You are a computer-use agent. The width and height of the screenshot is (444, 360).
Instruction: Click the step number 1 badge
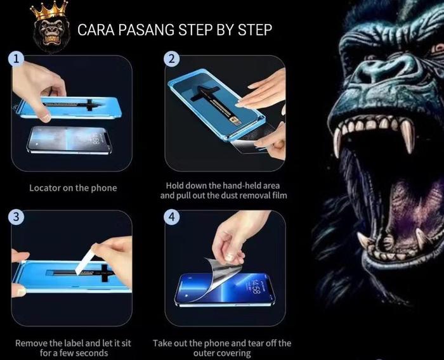point(16,59)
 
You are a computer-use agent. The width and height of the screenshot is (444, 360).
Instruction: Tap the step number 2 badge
point(171,59)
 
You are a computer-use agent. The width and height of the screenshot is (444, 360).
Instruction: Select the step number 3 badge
point(16,217)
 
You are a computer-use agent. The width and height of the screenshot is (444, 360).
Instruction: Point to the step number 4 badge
point(171,217)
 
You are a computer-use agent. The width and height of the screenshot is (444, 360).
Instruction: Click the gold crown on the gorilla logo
point(49,11)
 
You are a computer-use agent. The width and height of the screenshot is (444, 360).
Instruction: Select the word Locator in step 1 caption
point(45,188)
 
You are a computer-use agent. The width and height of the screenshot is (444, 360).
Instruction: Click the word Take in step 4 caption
point(162,344)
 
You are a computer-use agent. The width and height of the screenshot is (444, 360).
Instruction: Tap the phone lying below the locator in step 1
point(69,139)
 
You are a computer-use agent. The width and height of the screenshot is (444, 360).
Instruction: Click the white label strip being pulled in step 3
point(84,260)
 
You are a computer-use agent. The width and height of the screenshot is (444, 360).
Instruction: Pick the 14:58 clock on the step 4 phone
point(255,286)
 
